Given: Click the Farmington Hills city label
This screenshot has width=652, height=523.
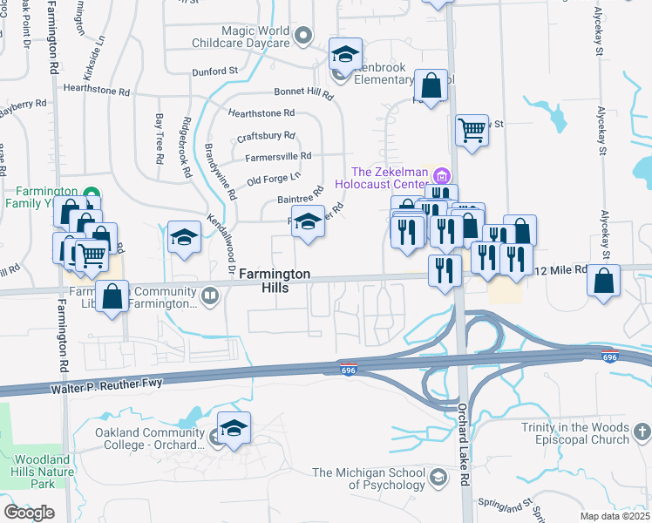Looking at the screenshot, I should tap(275, 281).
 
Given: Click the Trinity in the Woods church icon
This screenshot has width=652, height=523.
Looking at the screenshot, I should tap(641, 432).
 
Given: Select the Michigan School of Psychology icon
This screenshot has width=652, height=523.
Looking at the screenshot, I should tap(439, 478).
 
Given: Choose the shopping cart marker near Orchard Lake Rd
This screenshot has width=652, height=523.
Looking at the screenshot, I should tap(472, 131).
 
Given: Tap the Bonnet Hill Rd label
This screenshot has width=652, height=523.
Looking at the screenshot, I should tap(304, 92).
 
